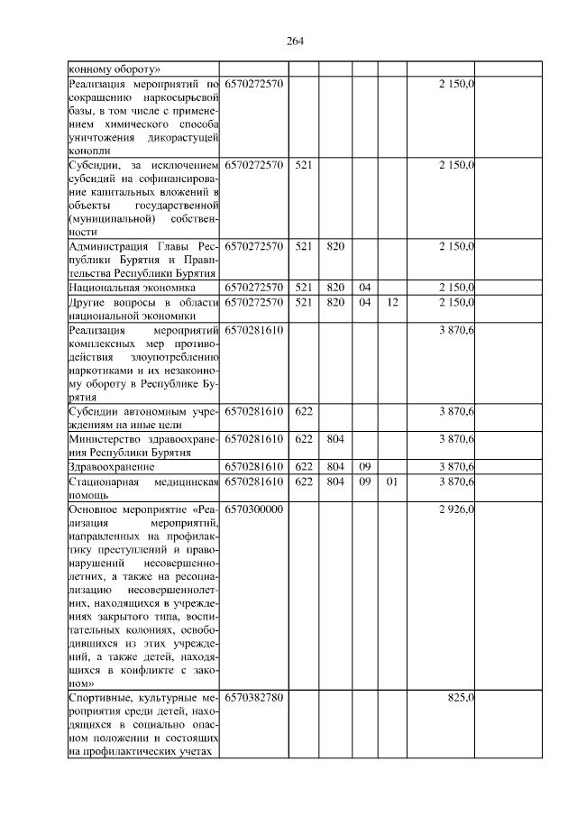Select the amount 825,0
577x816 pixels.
click(461, 698)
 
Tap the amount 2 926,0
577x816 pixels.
click(455, 509)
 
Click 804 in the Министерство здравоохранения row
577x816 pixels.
click(335, 439)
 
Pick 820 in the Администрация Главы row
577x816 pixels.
click(335, 245)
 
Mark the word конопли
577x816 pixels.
click(88, 151)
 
